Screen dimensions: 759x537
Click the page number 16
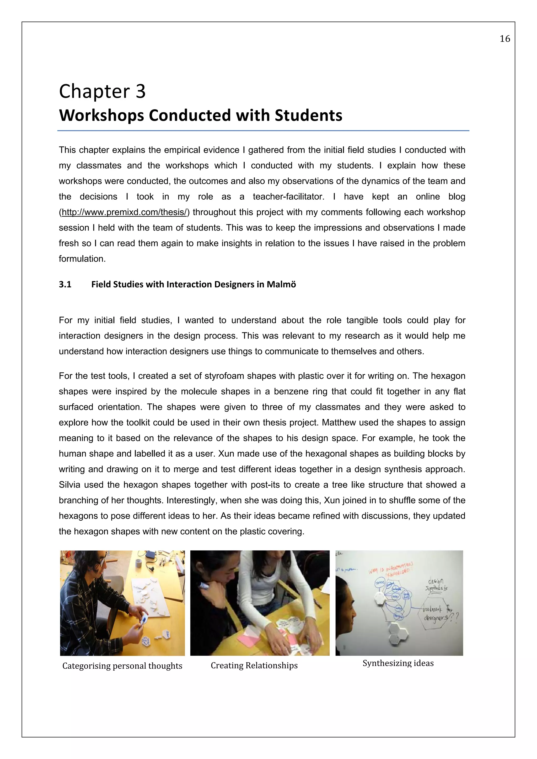504,39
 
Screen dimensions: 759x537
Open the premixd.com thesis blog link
124,212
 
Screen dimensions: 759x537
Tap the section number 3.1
65,284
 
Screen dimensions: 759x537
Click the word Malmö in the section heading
281,284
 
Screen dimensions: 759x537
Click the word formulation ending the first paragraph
82,259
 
